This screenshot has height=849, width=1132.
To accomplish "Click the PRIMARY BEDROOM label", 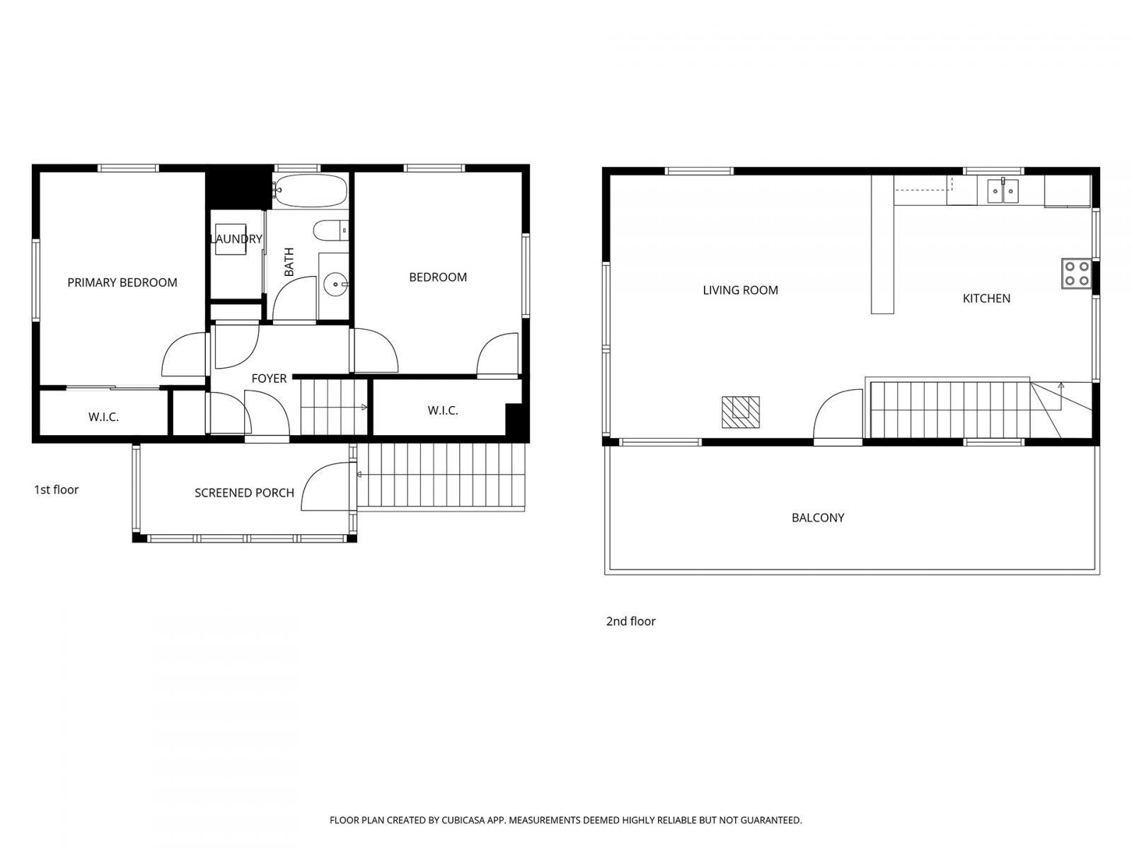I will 122,283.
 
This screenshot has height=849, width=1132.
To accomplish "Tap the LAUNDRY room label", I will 236,239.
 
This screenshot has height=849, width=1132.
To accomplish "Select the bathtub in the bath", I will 311,191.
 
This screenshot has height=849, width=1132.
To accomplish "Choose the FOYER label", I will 269,379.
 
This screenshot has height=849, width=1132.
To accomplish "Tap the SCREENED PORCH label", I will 244,493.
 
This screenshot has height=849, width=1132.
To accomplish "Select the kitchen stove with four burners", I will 1076,274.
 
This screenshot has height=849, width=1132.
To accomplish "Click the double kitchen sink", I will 1003,190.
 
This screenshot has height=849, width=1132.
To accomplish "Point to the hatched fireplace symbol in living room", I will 741,412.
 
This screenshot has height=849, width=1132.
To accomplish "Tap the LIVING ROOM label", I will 740,290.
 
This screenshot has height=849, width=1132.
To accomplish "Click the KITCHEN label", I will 986,299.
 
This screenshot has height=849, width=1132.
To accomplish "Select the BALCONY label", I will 818,518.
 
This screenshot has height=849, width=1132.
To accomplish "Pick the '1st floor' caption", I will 57,490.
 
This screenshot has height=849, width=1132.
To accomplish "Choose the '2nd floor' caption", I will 630,621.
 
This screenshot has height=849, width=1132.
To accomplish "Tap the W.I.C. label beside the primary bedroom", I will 103,417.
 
